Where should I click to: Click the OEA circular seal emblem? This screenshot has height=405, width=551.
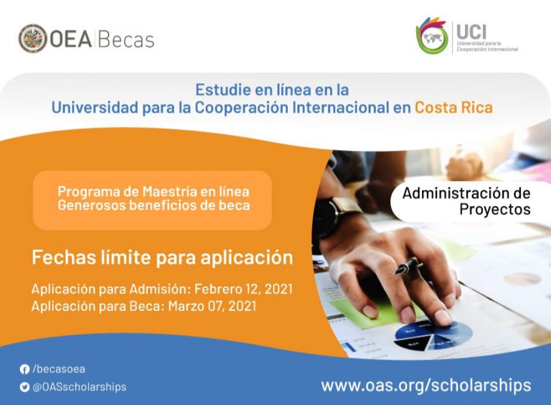pos(33,38)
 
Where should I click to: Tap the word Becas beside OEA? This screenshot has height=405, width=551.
pos(126,39)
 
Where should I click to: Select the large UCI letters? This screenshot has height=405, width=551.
pos(471,31)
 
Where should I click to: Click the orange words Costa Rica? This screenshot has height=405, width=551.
pos(454,107)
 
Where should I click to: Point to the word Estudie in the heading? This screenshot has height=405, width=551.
pos(223,90)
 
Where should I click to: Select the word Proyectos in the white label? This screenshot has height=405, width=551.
pos(495,210)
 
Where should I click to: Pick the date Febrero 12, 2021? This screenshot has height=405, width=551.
pos(243,289)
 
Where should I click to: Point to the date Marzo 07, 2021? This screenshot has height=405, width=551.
pos(212,306)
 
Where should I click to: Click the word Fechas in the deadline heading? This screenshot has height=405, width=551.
pos(64,257)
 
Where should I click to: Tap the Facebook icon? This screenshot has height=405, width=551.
pos(24,369)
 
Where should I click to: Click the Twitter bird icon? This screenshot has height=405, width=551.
pos(24,387)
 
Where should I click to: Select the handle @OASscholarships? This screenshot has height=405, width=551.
pos(79,387)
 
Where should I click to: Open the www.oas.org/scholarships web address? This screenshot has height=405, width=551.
pos(426,386)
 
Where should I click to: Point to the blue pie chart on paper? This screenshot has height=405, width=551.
pos(433,335)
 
